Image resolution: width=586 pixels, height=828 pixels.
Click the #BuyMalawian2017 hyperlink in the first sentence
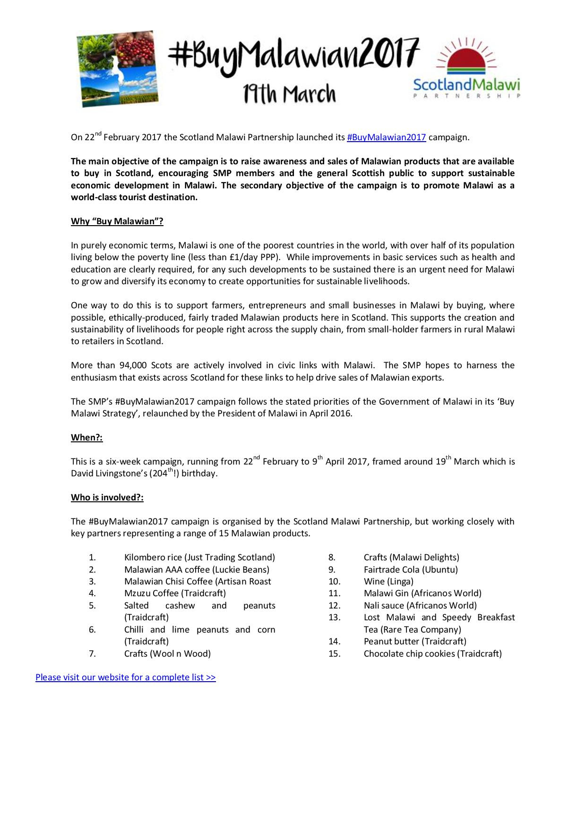pos(386,137)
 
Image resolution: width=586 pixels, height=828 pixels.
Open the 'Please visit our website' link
pos(125,677)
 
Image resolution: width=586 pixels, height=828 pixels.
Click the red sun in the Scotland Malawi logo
pos(466,58)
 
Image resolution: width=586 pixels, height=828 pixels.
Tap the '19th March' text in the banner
pos(289,93)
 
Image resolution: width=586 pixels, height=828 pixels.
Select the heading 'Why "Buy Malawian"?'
pos(117,221)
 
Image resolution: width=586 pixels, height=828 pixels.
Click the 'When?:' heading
pos(86,438)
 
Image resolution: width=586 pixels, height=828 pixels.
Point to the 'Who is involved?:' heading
pos(107,498)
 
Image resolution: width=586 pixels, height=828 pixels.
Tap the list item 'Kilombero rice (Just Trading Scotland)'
pos(199,558)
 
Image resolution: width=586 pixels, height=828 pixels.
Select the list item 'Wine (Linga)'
pos(388,582)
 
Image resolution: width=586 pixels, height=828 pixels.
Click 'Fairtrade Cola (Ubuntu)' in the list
pos(411,570)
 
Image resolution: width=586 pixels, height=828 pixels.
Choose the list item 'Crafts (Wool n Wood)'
pos(167,654)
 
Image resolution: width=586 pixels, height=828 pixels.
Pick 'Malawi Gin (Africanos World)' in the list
pos(422,593)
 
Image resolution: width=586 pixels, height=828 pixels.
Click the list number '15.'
pos(334,654)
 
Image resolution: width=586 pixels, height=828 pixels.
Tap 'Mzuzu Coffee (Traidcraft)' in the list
pos(175,593)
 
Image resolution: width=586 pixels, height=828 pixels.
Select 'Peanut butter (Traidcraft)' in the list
pos(415,642)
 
